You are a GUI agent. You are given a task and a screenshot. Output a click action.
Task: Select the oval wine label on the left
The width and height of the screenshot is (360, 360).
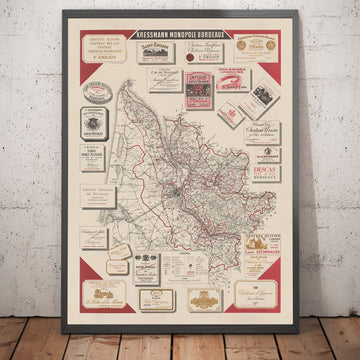pos(98,90)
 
